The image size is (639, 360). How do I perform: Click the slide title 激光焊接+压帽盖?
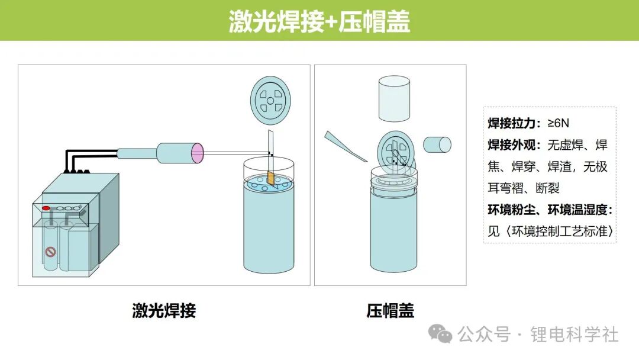point(319,21)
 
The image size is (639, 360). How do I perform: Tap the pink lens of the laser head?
point(197,153)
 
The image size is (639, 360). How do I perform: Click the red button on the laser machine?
point(46,208)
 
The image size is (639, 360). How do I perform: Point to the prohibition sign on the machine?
point(50,252)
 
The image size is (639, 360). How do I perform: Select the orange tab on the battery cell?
point(270,178)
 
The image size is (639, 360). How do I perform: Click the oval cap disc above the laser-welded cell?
point(270,100)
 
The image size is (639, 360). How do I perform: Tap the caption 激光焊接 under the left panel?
point(164,311)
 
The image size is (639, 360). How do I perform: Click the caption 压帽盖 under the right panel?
point(390,311)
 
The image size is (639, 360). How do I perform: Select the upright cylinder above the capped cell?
point(394,98)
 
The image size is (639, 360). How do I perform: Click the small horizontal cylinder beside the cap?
point(437,144)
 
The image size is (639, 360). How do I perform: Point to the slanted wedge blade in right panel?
point(346,146)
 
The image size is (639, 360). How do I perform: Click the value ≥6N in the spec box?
point(559,123)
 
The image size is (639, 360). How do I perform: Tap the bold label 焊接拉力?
point(511,123)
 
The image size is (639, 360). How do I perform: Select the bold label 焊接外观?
point(511,144)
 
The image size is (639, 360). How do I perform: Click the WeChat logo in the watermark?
point(440,334)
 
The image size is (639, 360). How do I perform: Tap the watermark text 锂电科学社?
point(574,335)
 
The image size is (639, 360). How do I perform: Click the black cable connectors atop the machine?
point(77,172)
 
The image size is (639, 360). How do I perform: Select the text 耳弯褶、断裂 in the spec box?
point(524,188)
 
